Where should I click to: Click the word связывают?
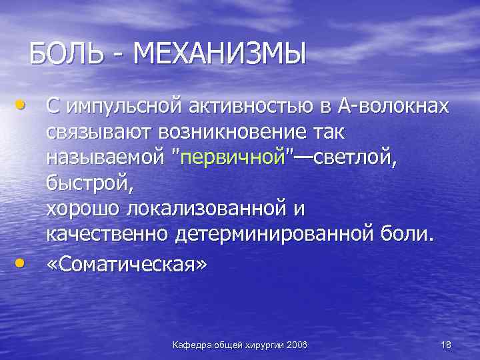(x=99, y=131)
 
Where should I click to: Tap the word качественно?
(x=107, y=234)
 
